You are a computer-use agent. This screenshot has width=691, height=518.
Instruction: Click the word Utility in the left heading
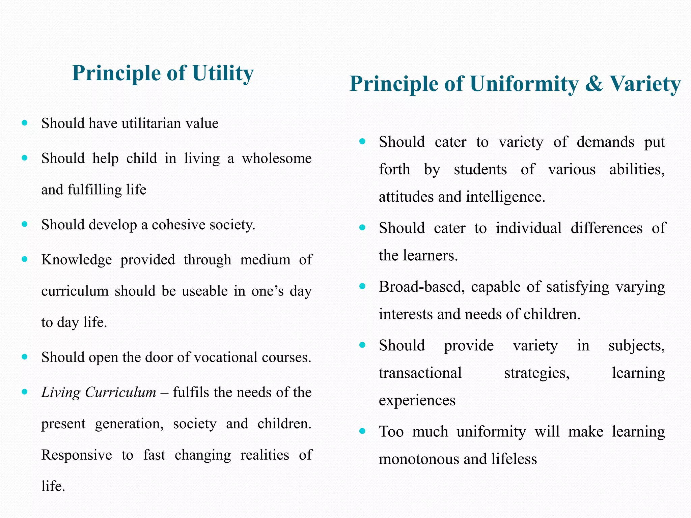click(223, 73)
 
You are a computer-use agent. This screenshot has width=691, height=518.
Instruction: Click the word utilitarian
click(151, 123)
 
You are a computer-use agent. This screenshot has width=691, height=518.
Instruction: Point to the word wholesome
click(277, 159)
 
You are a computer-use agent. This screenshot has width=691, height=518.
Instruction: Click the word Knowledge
click(77, 260)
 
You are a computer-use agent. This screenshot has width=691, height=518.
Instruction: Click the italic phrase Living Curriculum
click(99, 392)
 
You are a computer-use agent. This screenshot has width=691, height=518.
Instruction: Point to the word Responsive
click(77, 455)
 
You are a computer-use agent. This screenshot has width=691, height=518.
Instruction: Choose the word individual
click(528, 228)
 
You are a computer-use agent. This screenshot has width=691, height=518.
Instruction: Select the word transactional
click(420, 373)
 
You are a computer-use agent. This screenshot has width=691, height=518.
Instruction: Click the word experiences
click(417, 400)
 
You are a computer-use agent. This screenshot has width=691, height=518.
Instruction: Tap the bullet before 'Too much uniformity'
click(362, 431)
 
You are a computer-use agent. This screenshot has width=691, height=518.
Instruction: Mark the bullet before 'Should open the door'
click(25, 357)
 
